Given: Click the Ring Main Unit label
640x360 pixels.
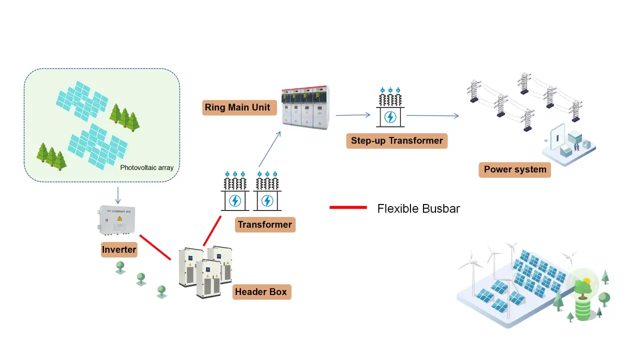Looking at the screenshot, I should click(237, 107).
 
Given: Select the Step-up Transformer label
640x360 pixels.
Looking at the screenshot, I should click(396, 140).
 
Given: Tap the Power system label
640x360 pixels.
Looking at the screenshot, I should click(515, 169).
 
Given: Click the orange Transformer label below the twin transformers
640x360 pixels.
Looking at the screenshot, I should click(264, 224).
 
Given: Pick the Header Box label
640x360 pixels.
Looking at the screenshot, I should click(260, 291).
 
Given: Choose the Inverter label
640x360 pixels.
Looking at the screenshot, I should click(119, 249).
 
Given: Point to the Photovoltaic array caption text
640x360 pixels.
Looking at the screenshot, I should click(147, 167).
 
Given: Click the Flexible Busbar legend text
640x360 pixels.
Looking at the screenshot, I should click(418, 208).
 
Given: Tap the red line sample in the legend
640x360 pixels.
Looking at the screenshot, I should click(348, 207).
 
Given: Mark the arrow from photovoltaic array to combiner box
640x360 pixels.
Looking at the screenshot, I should click(117, 194).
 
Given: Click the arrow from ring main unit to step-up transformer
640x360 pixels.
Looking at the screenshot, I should click(352, 115).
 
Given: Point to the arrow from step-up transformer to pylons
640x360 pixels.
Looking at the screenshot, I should click(432, 115).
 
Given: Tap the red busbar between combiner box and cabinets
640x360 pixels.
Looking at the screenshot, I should click(155, 247).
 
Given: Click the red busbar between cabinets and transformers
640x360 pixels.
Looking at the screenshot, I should click(212, 230).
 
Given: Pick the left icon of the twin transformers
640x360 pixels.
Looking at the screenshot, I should click(234, 192).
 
